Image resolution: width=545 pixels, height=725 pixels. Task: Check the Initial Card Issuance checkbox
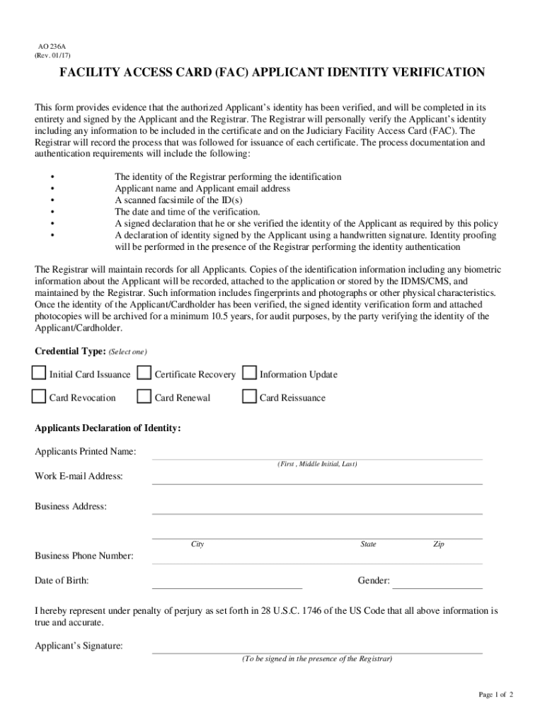(38, 373)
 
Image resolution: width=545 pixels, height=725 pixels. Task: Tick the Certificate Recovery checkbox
(144, 373)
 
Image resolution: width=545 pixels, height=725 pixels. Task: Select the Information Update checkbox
(249, 373)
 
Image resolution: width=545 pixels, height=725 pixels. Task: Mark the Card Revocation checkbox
(38, 396)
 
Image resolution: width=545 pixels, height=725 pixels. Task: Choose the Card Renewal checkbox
(144, 396)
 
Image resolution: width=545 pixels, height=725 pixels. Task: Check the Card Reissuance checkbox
(249, 396)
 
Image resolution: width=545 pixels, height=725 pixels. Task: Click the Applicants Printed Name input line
(317, 455)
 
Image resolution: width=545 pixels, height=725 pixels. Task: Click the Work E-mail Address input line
(317, 479)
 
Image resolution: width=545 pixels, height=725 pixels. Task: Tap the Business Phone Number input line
(317, 559)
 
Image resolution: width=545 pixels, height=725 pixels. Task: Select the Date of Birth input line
(226, 583)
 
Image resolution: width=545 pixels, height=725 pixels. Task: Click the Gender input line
(437, 583)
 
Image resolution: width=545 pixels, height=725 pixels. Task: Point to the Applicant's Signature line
(317, 649)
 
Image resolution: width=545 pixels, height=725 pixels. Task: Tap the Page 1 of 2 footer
(495, 695)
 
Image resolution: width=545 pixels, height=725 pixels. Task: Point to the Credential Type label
(70, 351)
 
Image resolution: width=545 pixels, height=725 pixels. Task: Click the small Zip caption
(439, 544)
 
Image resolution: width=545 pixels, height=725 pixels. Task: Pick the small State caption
(368, 544)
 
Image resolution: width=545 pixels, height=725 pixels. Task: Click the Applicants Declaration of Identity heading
(108, 428)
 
